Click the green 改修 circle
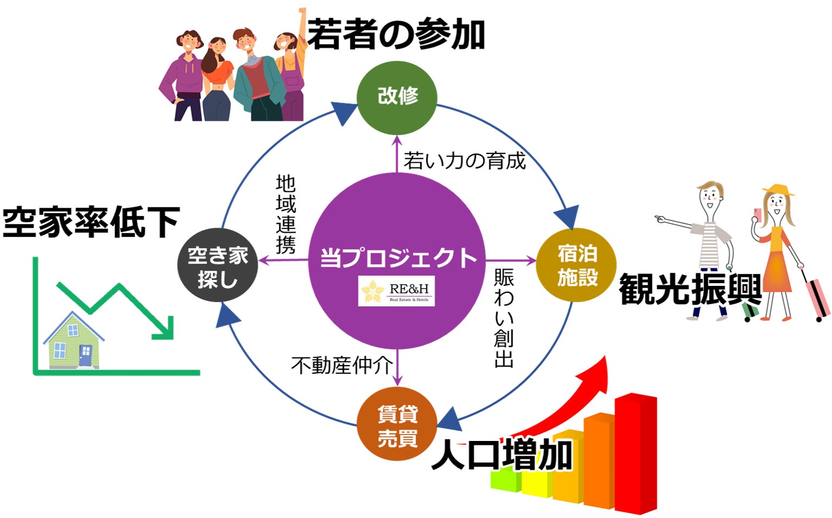pos(397,97)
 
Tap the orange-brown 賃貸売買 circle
pos(397,426)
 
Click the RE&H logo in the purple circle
pos(396,291)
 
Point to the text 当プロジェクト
pos(398,257)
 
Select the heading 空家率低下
pos(91,222)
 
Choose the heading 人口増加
pos(502,455)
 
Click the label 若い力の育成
pos(465,161)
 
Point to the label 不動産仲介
pos(342,365)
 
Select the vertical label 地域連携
pos(286,214)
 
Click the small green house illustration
pos(74,342)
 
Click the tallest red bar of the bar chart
pos(636,453)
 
